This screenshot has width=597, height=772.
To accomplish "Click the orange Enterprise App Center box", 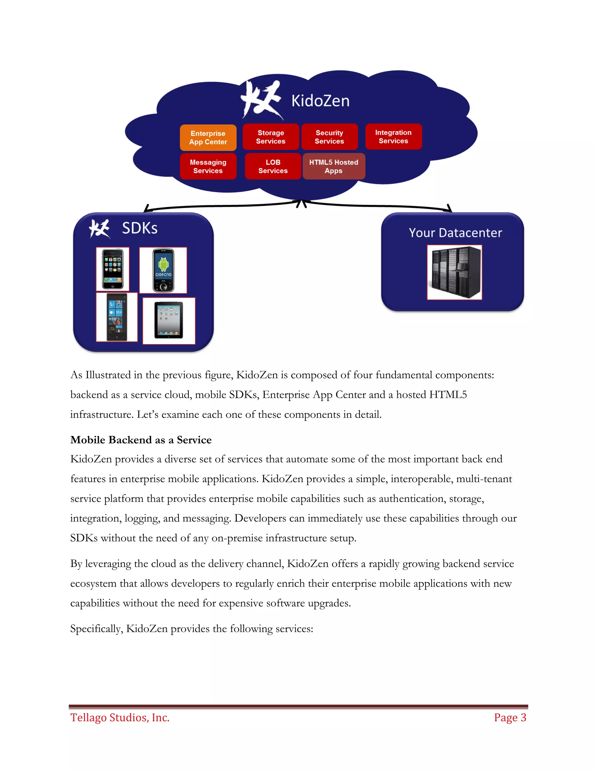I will click(208, 138).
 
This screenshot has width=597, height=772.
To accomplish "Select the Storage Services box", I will click(271, 137).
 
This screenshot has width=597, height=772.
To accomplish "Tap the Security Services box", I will click(329, 137).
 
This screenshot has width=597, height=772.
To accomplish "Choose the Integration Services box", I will click(393, 136).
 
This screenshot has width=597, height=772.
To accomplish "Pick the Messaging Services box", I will click(208, 166).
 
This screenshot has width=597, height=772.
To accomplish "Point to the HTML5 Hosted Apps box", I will click(333, 166).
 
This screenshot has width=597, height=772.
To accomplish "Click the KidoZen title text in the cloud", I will click(320, 101).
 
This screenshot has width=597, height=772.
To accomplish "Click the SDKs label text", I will click(140, 228).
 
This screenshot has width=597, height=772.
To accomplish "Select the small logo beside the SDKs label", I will click(99, 229).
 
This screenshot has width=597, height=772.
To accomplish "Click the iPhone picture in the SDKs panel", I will click(113, 269).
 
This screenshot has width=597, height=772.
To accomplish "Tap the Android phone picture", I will click(163, 270).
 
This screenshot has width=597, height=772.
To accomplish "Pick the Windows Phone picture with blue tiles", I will click(117, 317).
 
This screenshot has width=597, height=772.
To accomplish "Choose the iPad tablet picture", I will click(169, 321).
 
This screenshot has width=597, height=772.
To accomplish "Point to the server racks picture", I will click(454, 272).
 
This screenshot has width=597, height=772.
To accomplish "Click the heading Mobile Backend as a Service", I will click(141, 440).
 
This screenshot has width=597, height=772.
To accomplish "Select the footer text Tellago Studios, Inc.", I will click(120, 718).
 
